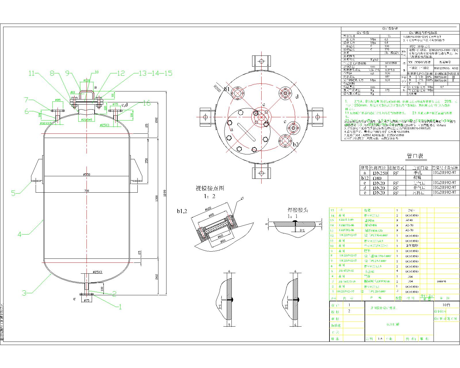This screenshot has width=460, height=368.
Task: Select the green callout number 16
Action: (147, 103)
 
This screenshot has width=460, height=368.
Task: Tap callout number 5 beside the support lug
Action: (14, 193)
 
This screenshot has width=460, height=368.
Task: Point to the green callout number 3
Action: (25, 293)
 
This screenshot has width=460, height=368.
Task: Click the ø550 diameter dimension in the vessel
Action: (87, 175)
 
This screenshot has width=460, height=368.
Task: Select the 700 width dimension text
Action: (87, 191)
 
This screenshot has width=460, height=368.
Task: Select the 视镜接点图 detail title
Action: (210, 188)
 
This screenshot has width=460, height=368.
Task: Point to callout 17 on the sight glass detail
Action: (242, 198)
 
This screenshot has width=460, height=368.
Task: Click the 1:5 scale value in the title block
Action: (380, 339)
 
